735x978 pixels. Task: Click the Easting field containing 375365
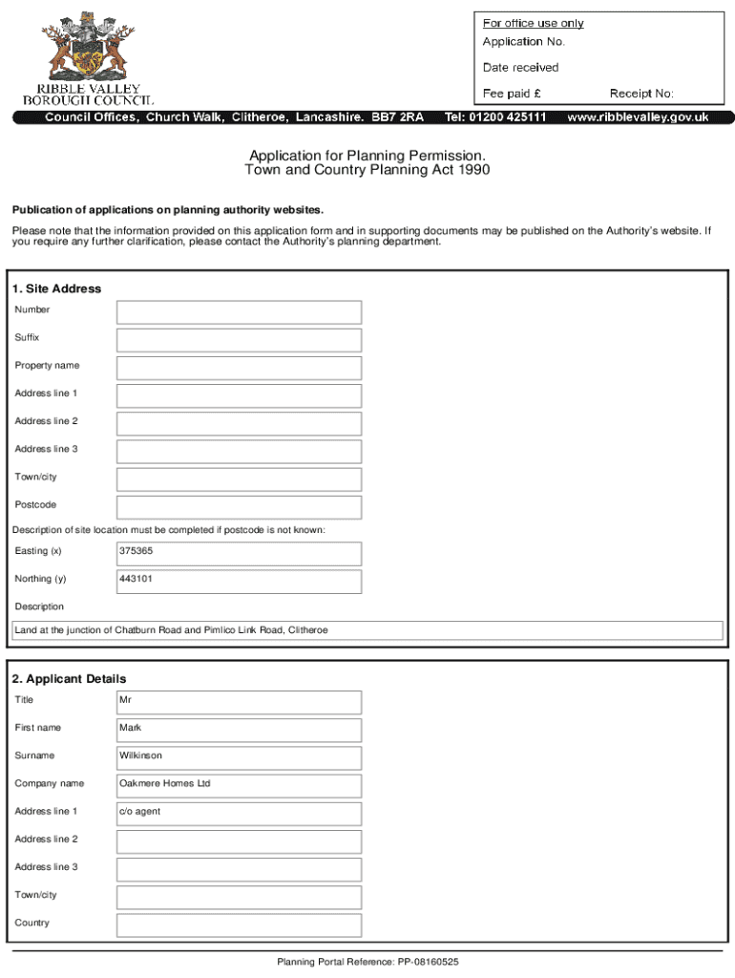tap(239, 553)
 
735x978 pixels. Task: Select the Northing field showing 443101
tap(239, 581)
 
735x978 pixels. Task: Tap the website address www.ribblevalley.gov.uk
tap(638, 117)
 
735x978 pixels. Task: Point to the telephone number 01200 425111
tap(495, 117)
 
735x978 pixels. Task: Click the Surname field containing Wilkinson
tap(239, 757)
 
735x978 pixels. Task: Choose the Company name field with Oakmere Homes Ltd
tap(239, 785)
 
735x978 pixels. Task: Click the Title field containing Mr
tap(239, 702)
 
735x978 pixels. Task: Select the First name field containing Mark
tap(239, 730)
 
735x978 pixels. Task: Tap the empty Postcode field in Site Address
tap(239, 506)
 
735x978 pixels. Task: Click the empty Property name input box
tap(239, 368)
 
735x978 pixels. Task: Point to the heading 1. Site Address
tap(56, 288)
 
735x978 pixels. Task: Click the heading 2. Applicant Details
tap(69, 679)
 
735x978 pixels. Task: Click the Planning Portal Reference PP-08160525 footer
tap(367, 962)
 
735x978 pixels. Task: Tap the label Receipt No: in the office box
tap(641, 94)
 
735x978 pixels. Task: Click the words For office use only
tap(533, 23)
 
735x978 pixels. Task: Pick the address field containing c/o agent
tap(239, 813)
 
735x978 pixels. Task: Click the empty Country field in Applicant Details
tap(239, 925)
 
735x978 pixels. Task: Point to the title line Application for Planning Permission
tap(367, 155)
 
